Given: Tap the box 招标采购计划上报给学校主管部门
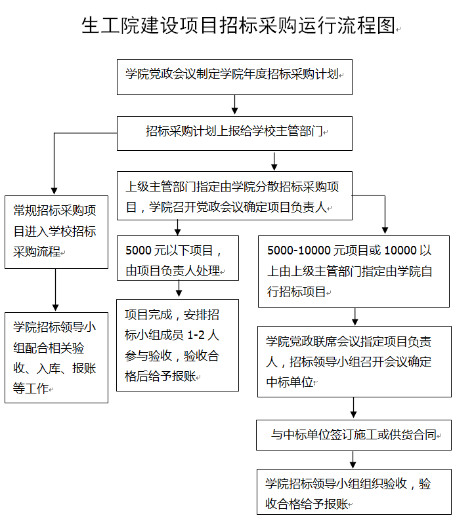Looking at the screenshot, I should pos(235,132).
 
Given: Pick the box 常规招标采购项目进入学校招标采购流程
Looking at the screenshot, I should pos(56,231).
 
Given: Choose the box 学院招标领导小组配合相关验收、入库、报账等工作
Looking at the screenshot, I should pos(56,357).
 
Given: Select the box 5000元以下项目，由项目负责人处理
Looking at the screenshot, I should pos(177,258).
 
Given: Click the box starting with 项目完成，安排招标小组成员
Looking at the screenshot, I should pos(177,345).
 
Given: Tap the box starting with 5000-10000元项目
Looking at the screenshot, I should pos(353,271).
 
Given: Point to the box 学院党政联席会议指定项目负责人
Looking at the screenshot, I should pos(353,361).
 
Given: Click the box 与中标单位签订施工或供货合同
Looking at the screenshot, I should pos(353,434).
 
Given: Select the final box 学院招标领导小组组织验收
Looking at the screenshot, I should pos(353,492).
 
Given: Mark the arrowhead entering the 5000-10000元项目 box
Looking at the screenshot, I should pos(385,230).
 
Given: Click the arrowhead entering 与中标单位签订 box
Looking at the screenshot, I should pos(354,414).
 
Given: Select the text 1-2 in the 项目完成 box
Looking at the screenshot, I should pos(196,334).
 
